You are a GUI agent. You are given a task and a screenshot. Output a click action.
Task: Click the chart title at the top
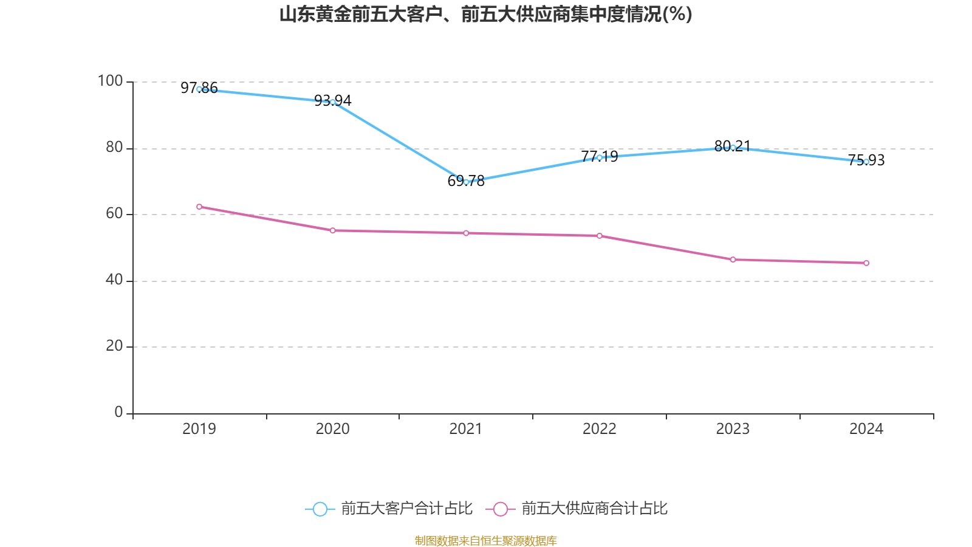[x=485, y=15]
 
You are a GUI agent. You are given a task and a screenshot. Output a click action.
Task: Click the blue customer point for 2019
[x=199, y=89]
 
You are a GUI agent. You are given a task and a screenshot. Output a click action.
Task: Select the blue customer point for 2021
[x=466, y=182]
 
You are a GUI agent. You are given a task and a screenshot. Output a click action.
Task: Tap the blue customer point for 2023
[x=733, y=147]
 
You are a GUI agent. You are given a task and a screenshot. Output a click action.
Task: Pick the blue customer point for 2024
[x=866, y=162]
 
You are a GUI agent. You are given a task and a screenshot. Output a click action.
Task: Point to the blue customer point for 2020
[x=333, y=102]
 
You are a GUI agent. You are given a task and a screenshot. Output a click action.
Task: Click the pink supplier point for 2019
[x=199, y=207]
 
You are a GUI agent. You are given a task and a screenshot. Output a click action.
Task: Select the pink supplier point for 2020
[x=333, y=230]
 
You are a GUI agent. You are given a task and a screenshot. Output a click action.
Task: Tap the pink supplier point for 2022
[x=600, y=236]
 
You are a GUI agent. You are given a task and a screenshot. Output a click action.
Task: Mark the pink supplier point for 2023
[x=733, y=260]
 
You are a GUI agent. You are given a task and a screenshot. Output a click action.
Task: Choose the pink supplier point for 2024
[x=866, y=263]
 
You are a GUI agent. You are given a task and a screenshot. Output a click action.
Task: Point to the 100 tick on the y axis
[x=110, y=81]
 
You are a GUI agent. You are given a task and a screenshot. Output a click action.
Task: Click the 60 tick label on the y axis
[x=114, y=213]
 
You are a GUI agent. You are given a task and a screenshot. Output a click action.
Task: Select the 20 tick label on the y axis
[x=114, y=346]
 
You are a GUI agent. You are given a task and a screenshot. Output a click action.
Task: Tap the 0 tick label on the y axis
[x=118, y=412]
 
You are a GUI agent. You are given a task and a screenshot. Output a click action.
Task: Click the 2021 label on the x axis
[x=466, y=429]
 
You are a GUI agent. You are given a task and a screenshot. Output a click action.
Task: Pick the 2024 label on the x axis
[x=866, y=429]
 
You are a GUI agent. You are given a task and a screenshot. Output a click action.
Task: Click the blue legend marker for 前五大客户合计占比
[x=320, y=509]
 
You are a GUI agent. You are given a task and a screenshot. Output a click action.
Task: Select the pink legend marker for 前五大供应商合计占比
[x=501, y=509]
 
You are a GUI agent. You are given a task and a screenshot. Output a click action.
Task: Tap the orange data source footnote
[x=485, y=540]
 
